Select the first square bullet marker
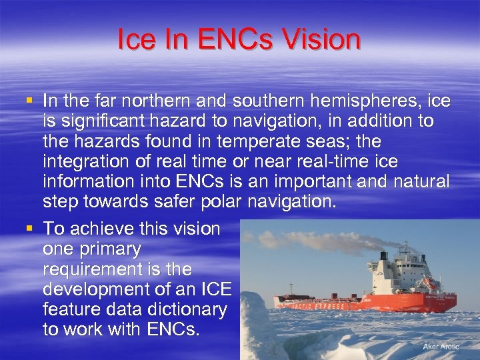tap(29, 101)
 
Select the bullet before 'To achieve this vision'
tap(29, 229)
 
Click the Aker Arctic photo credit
tap(441, 347)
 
